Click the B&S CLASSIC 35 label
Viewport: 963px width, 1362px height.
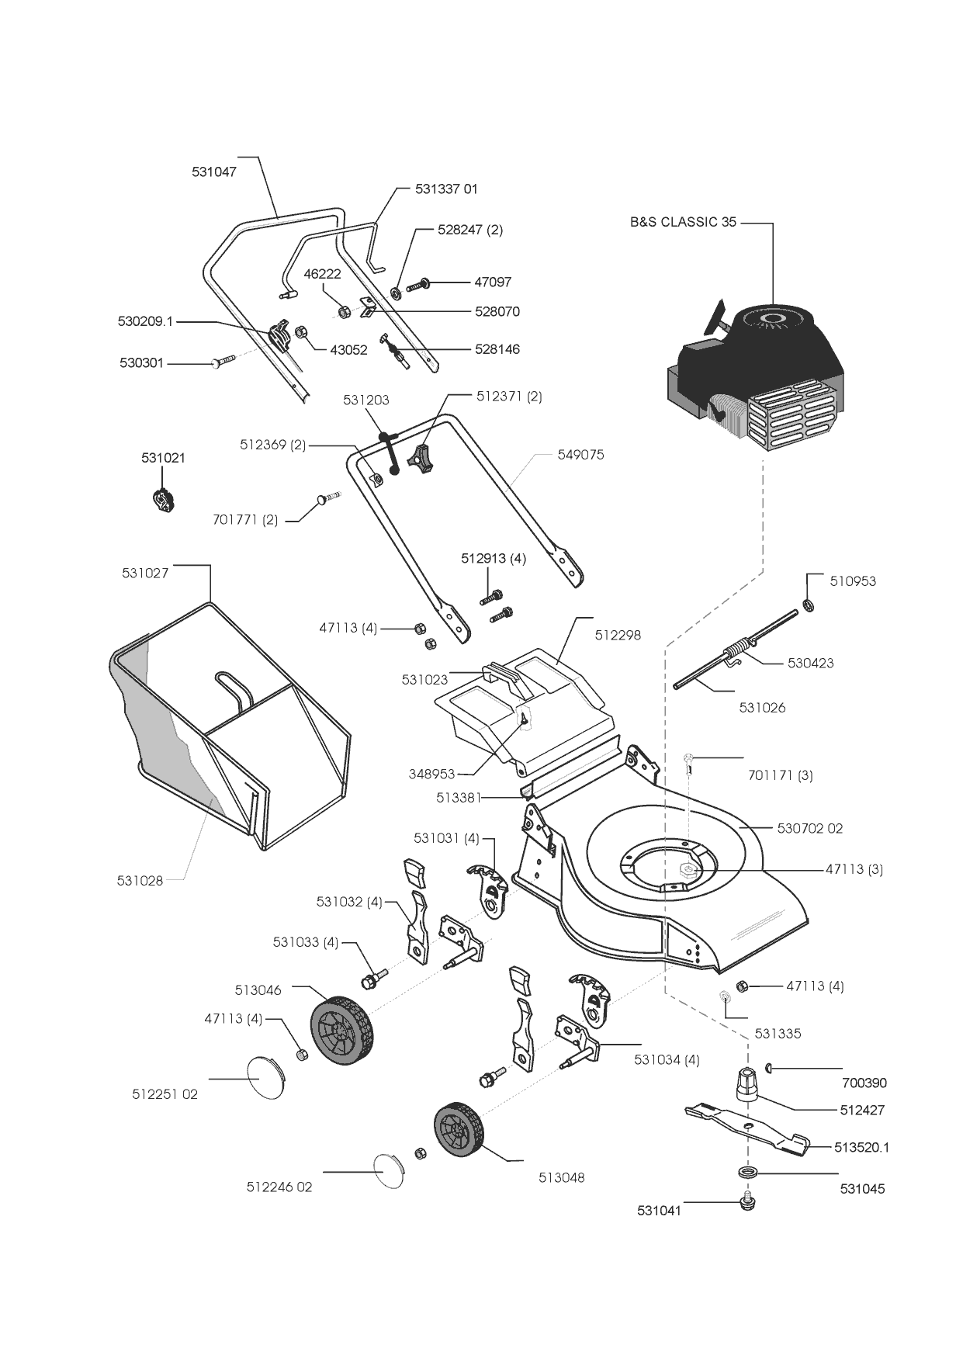[683, 222]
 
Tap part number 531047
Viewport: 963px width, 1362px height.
[214, 172]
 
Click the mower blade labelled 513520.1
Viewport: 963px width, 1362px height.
[745, 1126]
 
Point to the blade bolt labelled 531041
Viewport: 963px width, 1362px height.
[747, 1204]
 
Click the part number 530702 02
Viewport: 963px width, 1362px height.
[809, 828]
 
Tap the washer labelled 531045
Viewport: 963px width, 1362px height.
[748, 1171]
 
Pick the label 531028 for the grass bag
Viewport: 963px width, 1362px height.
[140, 880]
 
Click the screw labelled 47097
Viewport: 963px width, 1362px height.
[419, 285]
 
